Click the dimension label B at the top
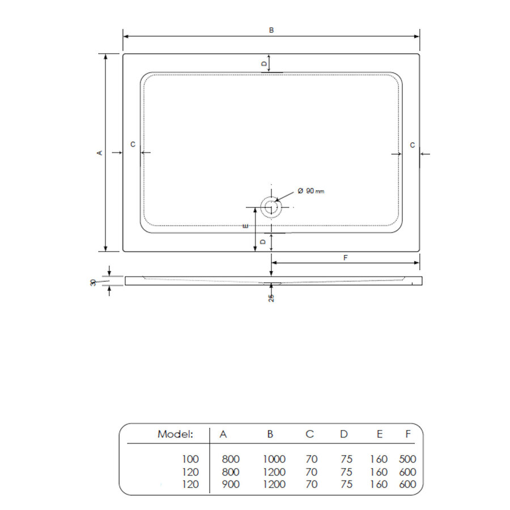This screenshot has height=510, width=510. [x=271, y=30]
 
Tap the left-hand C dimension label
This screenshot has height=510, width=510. [x=133, y=145]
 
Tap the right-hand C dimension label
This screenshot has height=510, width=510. [x=413, y=145]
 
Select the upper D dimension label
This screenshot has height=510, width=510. [x=263, y=64]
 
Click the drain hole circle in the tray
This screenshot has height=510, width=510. [x=271, y=207]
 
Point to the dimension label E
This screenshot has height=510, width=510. [x=245, y=227]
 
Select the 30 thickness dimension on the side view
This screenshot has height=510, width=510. [x=93, y=282]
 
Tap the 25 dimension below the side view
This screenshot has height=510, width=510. [x=271, y=297]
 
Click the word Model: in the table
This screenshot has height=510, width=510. [x=175, y=435]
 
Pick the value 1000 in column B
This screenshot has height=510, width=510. [x=274, y=459]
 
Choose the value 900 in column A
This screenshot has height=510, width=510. [x=231, y=484]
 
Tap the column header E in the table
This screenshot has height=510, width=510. [x=379, y=435]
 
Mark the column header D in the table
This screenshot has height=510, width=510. [x=344, y=435]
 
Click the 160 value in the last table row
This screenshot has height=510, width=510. [x=378, y=484]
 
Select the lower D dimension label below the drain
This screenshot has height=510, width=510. [x=263, y=242]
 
